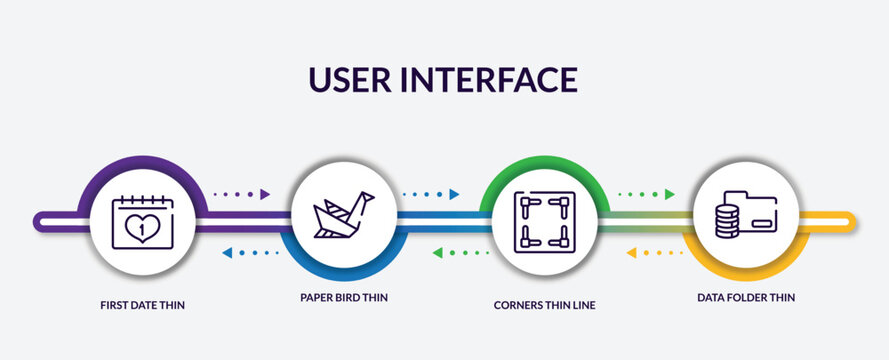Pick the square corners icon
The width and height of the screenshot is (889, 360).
point(541,220)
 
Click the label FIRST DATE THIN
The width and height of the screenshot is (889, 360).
point(143,304)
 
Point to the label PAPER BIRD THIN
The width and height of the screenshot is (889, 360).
point(343,297)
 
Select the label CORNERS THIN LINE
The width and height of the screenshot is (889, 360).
point(544,304)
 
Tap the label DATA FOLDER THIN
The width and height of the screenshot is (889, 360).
point(746,297)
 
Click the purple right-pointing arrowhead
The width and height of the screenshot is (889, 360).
point(265,194)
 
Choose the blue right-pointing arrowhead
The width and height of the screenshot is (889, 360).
point(454,194)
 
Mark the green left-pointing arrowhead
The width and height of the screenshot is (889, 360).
point(437,253)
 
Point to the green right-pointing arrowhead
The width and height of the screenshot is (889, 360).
point(670,194)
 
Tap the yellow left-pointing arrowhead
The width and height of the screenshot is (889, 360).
point(631,253)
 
